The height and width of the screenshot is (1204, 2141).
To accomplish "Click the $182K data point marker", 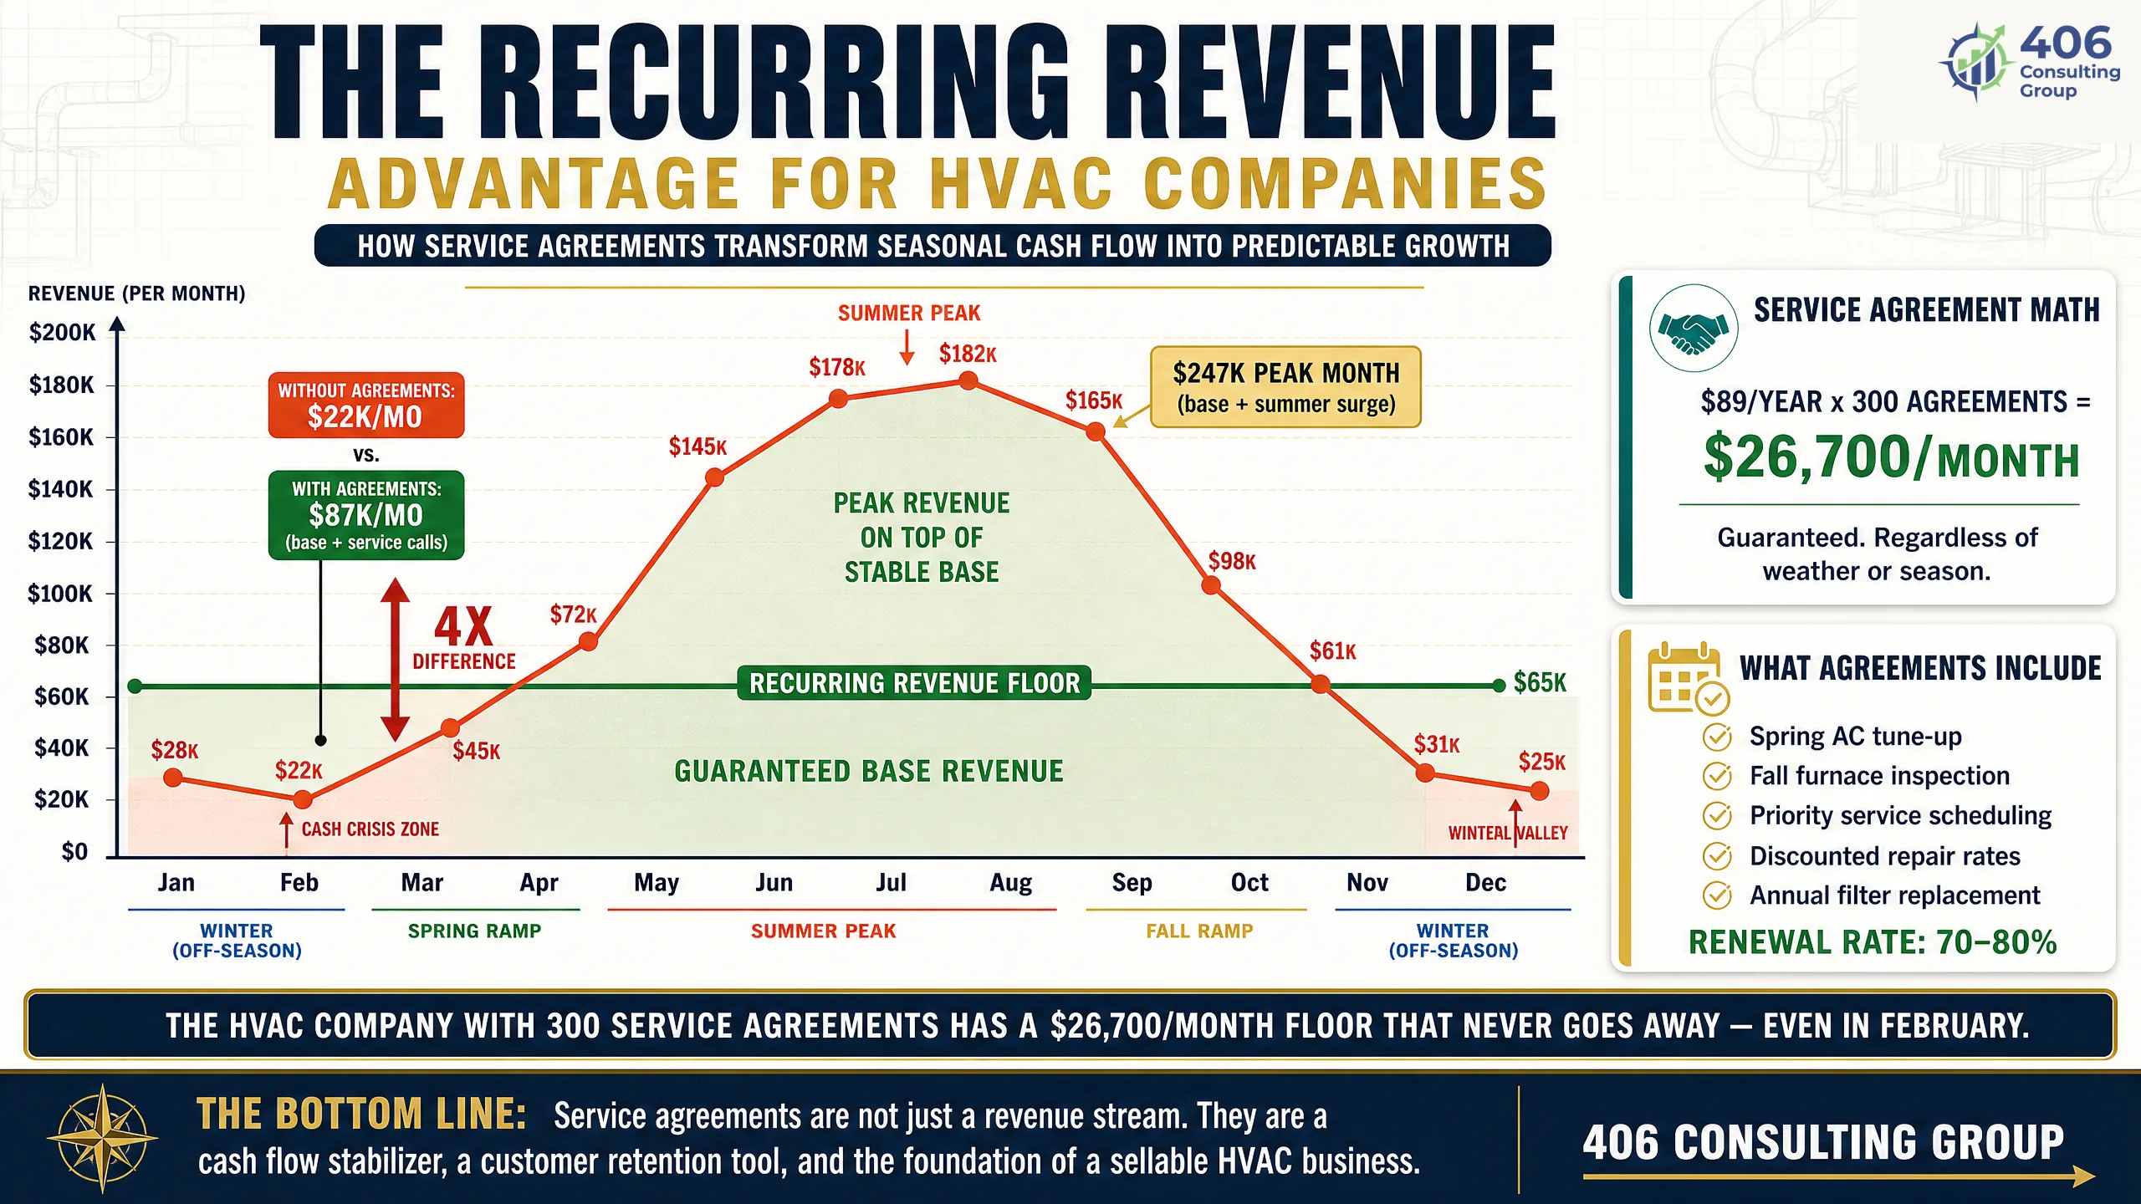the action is [x=968, y=381].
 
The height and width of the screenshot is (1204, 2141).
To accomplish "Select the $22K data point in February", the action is [x=303, y=800].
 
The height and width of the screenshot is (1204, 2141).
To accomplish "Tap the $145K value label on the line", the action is [x=697, y=446].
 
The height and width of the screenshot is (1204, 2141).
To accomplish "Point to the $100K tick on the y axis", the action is [x=60, y=594].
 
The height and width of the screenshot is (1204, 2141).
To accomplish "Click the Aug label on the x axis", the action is [x=1011, y=883].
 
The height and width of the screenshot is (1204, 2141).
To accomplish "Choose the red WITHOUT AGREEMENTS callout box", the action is [x=366, y=406].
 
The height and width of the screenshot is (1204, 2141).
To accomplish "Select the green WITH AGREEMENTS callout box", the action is [x=366, y=515].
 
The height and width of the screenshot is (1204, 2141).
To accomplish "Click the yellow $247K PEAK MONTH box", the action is [x=1285, y=387].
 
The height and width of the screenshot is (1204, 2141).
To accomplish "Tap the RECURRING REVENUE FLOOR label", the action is [x=914, y=683].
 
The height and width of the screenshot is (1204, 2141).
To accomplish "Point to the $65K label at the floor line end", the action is [x=1540, y=682].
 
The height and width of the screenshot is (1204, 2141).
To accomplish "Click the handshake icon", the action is [x=1694, y=329].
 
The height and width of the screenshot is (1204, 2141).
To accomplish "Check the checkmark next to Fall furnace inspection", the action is [x=1717, y=776].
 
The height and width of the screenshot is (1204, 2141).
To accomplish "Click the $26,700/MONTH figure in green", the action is [x=1891, y=457].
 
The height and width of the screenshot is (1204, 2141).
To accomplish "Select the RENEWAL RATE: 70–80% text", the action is [x=1873, y=942].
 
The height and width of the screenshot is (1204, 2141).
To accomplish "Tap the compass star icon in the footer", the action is [x=102, y=1138].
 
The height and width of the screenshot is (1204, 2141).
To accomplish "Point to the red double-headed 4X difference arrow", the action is [x=396, y=660].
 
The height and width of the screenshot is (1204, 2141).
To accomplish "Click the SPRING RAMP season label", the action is [x=474, y=931].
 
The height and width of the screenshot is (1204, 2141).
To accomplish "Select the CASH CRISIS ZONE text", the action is [x=370, y=829].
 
